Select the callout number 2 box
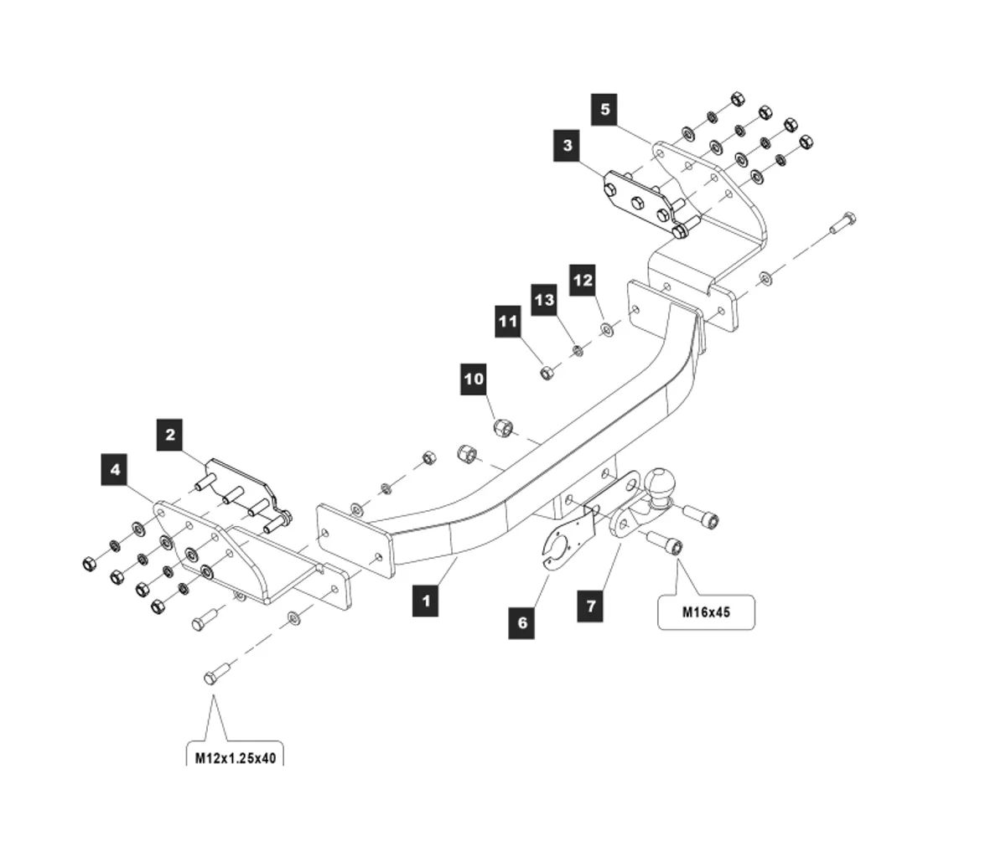pos(170,435)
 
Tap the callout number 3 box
pos(568,146)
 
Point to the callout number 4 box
pos(115,470)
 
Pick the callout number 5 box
pos(604,110)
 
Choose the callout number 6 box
pos(521,622)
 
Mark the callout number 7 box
pos(591,605)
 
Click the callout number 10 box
pos(474,379)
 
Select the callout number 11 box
pos(507,322)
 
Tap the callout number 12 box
pos(583,280)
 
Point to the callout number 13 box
pos(544,299)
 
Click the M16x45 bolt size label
pos(706,612)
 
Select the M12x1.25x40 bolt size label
pos(235,757)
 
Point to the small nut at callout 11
pos(545,372)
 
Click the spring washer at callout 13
pos(576,349)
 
